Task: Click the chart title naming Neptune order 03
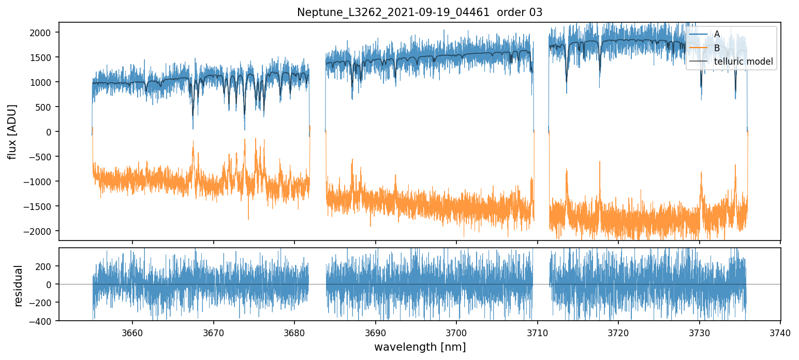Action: tap(420, 12)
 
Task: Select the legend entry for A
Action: tap(717, 34)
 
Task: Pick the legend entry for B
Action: tap(717, 48)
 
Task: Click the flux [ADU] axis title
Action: tap(11, 131)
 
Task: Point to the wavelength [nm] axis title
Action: tap(420, 347)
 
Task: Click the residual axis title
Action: tap(19, 286)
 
